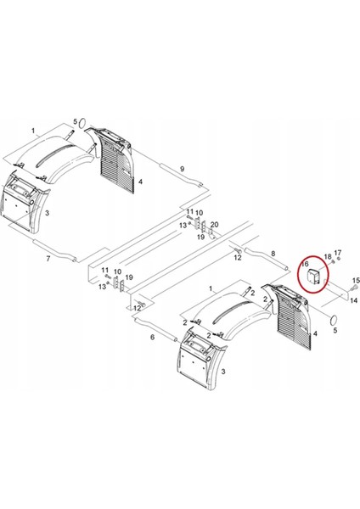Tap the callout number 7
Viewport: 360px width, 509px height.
coord(48,257)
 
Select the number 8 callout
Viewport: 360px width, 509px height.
coord(273,254)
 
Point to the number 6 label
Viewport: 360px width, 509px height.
coord(153,337)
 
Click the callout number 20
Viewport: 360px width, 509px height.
coord(216,223)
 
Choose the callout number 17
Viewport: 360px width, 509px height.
coord(337,252)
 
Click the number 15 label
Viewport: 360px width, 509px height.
coord(356,281)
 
